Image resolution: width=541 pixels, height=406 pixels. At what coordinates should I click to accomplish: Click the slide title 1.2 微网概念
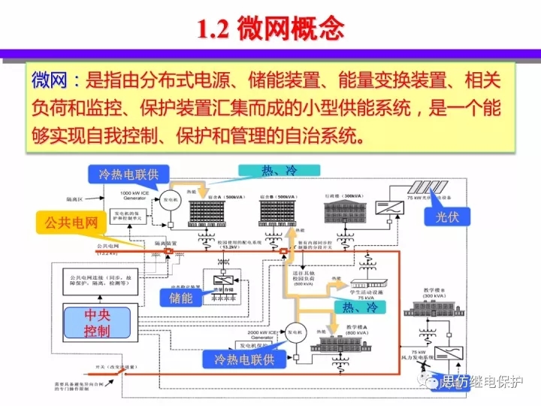tap(270, 29)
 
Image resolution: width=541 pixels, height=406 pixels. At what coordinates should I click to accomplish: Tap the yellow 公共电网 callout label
tap(71, 223)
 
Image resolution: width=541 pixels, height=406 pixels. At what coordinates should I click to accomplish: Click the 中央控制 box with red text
tap(97, 322)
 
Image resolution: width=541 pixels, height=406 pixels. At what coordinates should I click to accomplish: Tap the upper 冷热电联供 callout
tap(134, 174)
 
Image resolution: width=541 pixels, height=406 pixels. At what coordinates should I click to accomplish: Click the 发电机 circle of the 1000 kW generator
tap(171, 201)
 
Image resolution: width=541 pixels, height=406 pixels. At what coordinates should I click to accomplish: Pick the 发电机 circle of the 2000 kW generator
tap(292, 331)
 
